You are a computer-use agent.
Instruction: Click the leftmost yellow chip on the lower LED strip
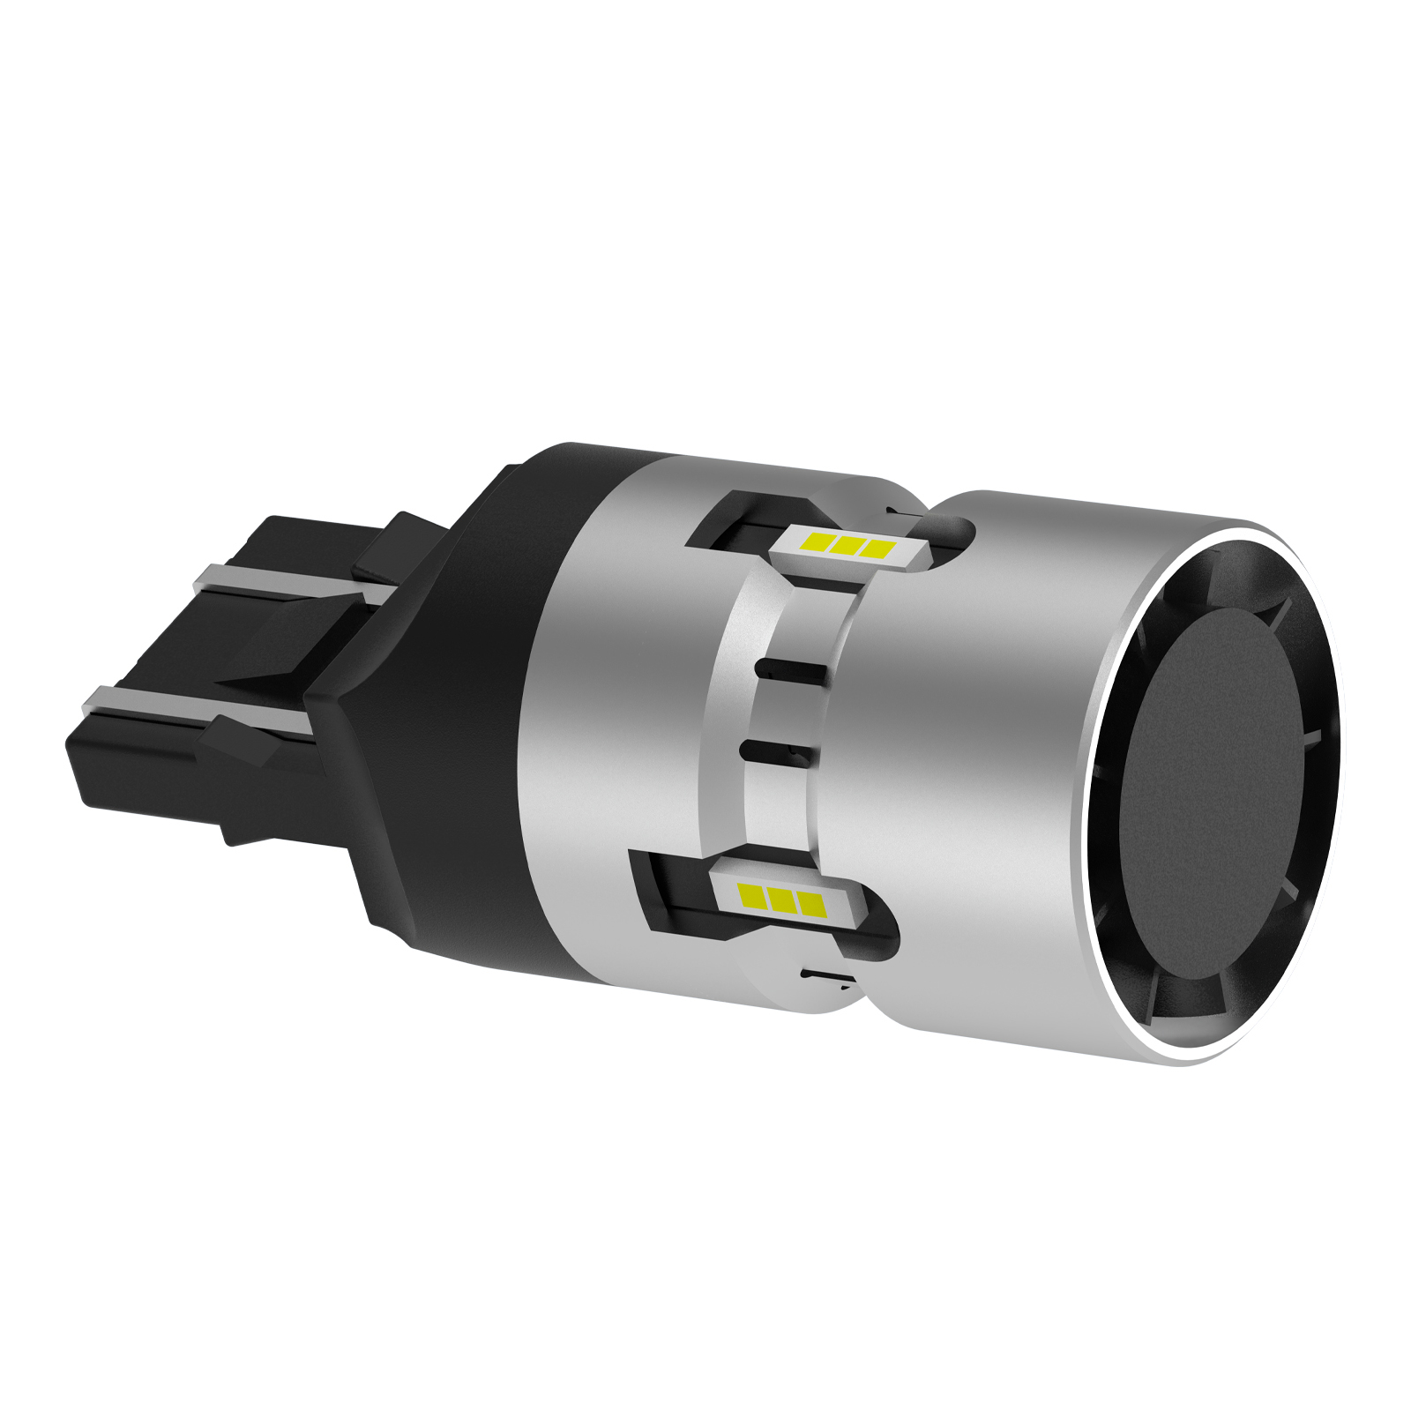coord(755,896)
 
